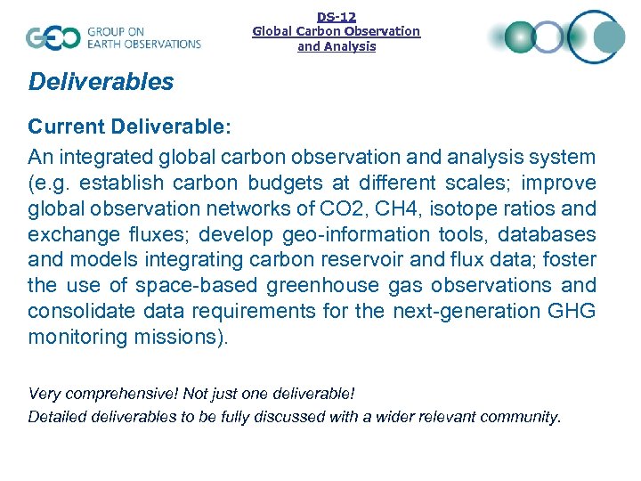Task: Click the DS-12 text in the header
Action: point(337,16)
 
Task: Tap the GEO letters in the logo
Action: point(53,37)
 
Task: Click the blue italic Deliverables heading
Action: point(101,82)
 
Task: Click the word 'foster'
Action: point(568,261)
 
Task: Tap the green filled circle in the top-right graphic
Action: point(522,37)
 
